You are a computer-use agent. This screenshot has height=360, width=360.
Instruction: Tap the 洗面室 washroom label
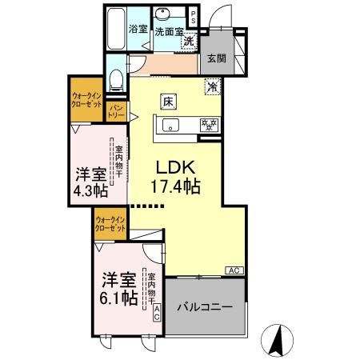tap(168, 31)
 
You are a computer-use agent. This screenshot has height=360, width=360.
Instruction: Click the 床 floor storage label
tap(168, 102)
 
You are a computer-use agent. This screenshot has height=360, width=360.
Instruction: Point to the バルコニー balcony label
tap(204, 307)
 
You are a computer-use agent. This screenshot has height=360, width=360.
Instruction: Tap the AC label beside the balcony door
tap(235, 270)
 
